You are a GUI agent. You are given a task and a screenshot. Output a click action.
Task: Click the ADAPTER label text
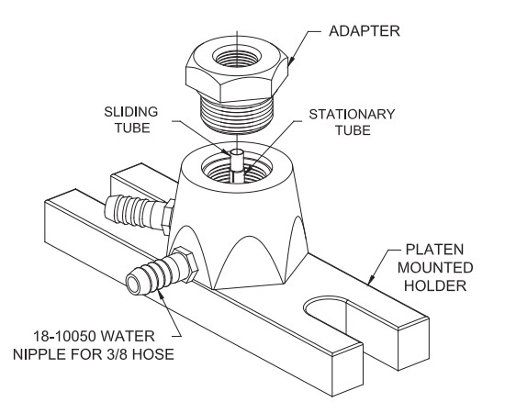click(365, 31)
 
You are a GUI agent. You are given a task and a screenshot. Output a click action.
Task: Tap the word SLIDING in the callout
click(131, 112)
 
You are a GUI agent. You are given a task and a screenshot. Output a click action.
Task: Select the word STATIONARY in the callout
click(352, 115)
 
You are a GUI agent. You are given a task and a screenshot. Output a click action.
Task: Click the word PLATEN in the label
click(434, 250)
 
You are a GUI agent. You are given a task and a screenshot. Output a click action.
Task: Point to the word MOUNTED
click(435, 267)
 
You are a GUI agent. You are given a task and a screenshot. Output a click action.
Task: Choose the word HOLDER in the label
click(435, 285)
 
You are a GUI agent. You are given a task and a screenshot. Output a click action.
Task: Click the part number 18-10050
click(65, 337)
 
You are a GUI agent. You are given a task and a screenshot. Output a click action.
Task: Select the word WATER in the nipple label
click(128, 337)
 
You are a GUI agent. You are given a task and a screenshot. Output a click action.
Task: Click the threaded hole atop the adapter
click(236, 57)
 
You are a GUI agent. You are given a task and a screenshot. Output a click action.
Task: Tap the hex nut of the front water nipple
click(186, 264)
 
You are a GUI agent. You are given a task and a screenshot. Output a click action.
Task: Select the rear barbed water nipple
click(140, 212)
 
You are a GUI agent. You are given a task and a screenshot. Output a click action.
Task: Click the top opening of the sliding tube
click(237, 151)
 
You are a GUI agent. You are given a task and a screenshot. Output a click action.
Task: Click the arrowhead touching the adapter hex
click(290, 61)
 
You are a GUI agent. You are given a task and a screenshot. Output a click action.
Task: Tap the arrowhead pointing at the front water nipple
click(162, 294)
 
